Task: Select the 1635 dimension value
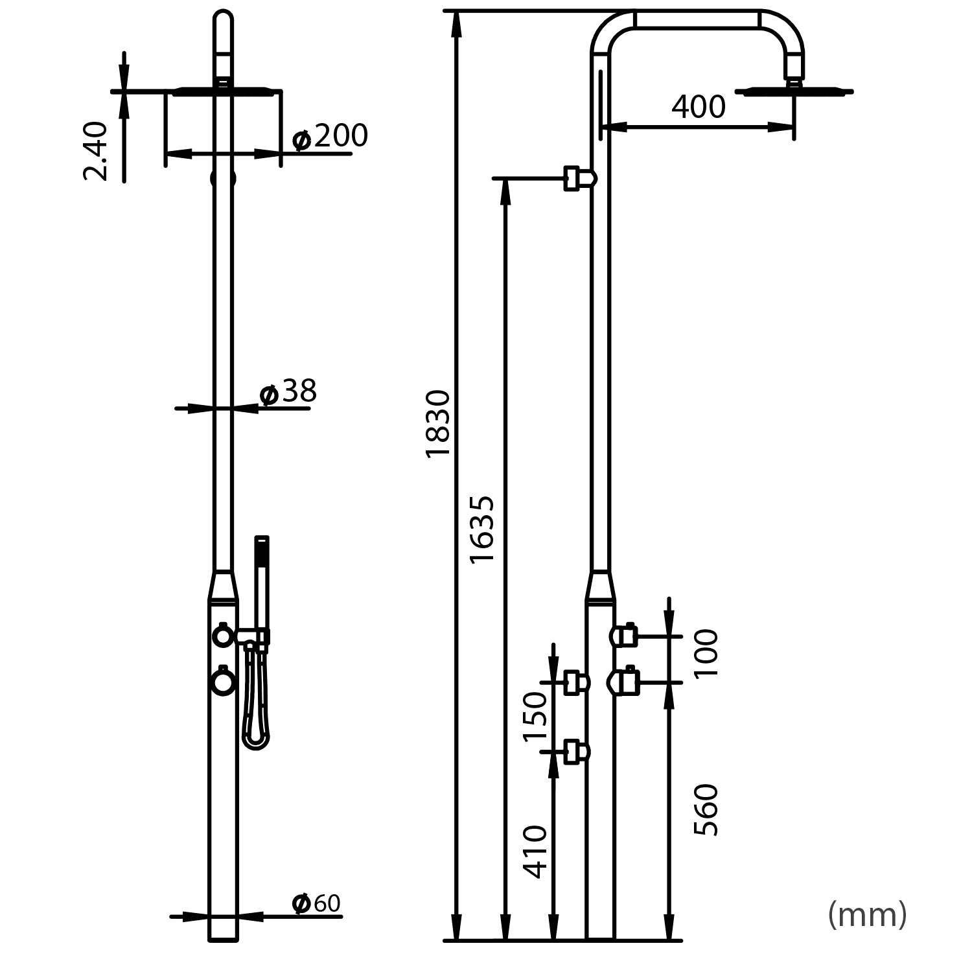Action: pos(482,529)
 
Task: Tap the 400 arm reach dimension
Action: pos(698,107)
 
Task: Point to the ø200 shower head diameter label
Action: pos(330,137)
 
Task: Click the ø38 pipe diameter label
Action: pos(288,392)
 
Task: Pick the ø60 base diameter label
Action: pos(316,903)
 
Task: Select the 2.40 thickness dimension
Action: pos(96,150)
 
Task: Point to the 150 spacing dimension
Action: pos(535,717)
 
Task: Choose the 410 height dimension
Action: pos(535,851)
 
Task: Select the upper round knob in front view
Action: pos(223,637)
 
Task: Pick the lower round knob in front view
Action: pos(223,682)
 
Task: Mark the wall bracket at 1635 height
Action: pos(579,178)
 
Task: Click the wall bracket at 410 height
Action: pos(576,752)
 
